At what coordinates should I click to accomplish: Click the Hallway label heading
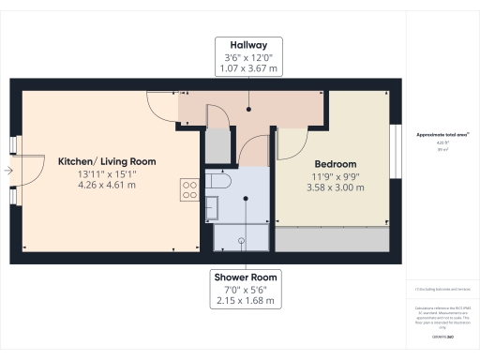pyautogui.click(x=247, y=43)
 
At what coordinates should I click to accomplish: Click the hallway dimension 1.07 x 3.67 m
pyautogui.click(x=247, y=67)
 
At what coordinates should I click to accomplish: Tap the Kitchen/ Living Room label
pyautogui.click(x=106, y=161)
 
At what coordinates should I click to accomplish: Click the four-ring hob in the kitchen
pyautogui.click(x=190, y=190)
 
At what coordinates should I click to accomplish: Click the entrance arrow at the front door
pyautogui.click(x=7, y=172)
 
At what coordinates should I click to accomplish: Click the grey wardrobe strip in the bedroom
pyautogui.click(x=334, y=240)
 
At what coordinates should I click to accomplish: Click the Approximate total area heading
pyautogui.click(x=440, y=136)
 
